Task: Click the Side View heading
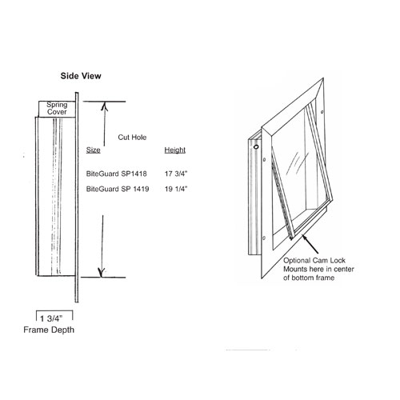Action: pos(81,76)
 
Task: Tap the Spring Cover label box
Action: pos(57,109)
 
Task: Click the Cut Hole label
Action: pos(132,138)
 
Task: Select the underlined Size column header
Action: pos(93,150)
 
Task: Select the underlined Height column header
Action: pos(175,150)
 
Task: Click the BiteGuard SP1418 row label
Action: pos(117,174)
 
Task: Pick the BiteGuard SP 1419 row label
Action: pos(118,189)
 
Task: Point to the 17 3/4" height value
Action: pos(176,174)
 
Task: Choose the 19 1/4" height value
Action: pos(176,189)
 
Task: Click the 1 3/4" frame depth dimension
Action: pos(51,318)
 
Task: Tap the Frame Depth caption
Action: pos(49,330)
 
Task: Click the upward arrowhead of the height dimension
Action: pos(105,106)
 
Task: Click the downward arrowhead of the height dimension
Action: pos(102,273)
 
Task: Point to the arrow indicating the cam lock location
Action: pos(310,244)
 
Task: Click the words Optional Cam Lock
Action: pos(314,260)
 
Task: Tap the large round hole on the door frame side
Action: pos(256,146)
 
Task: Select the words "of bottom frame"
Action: pos(309,278)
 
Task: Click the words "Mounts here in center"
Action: pos(318,269)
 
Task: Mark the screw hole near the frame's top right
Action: pos(322,112)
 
